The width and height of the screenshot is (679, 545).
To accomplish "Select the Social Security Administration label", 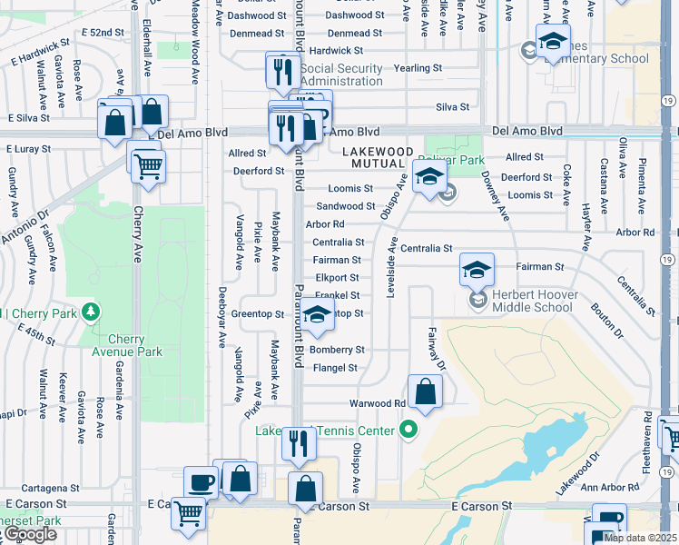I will pos(341,74).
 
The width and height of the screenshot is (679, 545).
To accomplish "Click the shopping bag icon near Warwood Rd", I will pos(425,392).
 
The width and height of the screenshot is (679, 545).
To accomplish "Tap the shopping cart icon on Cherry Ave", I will pos(148,165).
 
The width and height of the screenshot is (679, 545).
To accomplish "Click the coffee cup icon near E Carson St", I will pos(201,482).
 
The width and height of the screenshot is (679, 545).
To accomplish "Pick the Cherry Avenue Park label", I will pos(126,346).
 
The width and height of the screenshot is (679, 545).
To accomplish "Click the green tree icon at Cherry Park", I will pos(90,313).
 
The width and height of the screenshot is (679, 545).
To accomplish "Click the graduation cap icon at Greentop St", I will pos(317,314).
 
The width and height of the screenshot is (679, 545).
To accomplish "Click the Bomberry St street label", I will pos(337,350).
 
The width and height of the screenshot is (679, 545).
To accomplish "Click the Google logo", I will pos(29,534).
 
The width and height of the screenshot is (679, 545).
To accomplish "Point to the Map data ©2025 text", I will pos(640,538).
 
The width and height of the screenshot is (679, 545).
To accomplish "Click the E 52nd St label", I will pos(102,32).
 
